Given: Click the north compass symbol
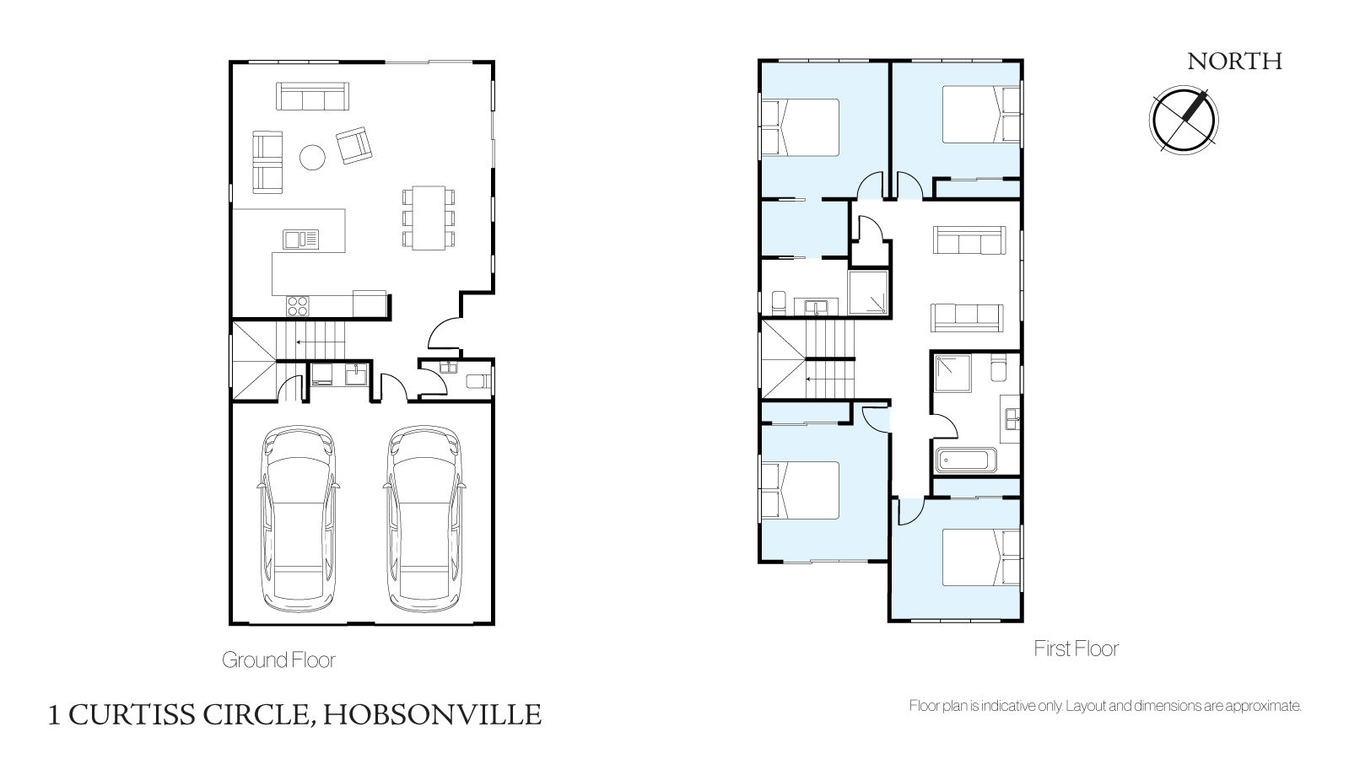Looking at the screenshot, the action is coord(1184,120).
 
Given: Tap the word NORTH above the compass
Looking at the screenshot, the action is coord(1234,62).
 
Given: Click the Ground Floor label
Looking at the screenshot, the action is coord(278,659).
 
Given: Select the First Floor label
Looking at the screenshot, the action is coord(1077,649).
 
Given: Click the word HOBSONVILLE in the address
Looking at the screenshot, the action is coord(433,714).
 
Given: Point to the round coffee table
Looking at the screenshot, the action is coord(312,158).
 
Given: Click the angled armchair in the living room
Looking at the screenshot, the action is coord(354,145).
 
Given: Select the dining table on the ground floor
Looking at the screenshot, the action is coord(429,218).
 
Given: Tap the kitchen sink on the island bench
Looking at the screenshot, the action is coord(300,240).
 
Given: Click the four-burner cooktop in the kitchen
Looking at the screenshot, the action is coord(298,306).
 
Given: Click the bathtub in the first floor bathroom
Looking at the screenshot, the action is coord(966,460).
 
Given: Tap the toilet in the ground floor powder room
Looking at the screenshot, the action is coord(479,381).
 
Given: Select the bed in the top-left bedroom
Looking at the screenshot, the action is coord(801,127).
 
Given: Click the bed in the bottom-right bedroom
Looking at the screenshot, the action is coord(982,557).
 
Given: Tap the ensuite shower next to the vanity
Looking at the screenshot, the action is coord(868,293).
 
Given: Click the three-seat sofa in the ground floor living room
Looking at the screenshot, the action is coord(312,96).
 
